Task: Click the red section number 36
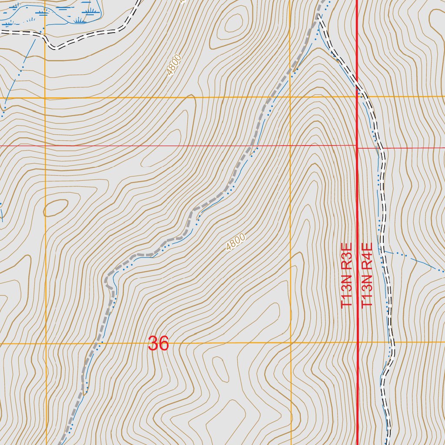158,344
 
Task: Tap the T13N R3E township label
346,276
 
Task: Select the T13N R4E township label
367,276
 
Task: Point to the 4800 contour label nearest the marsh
173,65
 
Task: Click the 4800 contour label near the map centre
236,242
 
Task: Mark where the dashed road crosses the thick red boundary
357,86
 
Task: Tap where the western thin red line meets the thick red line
357,145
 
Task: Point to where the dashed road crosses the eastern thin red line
382,148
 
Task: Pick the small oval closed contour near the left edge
55,208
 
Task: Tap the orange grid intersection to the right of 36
290,343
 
